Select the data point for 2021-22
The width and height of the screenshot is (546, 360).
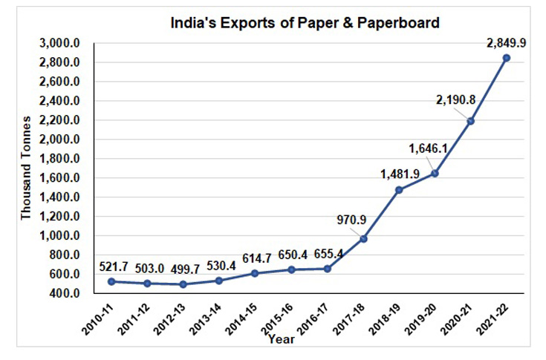[507, 58]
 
